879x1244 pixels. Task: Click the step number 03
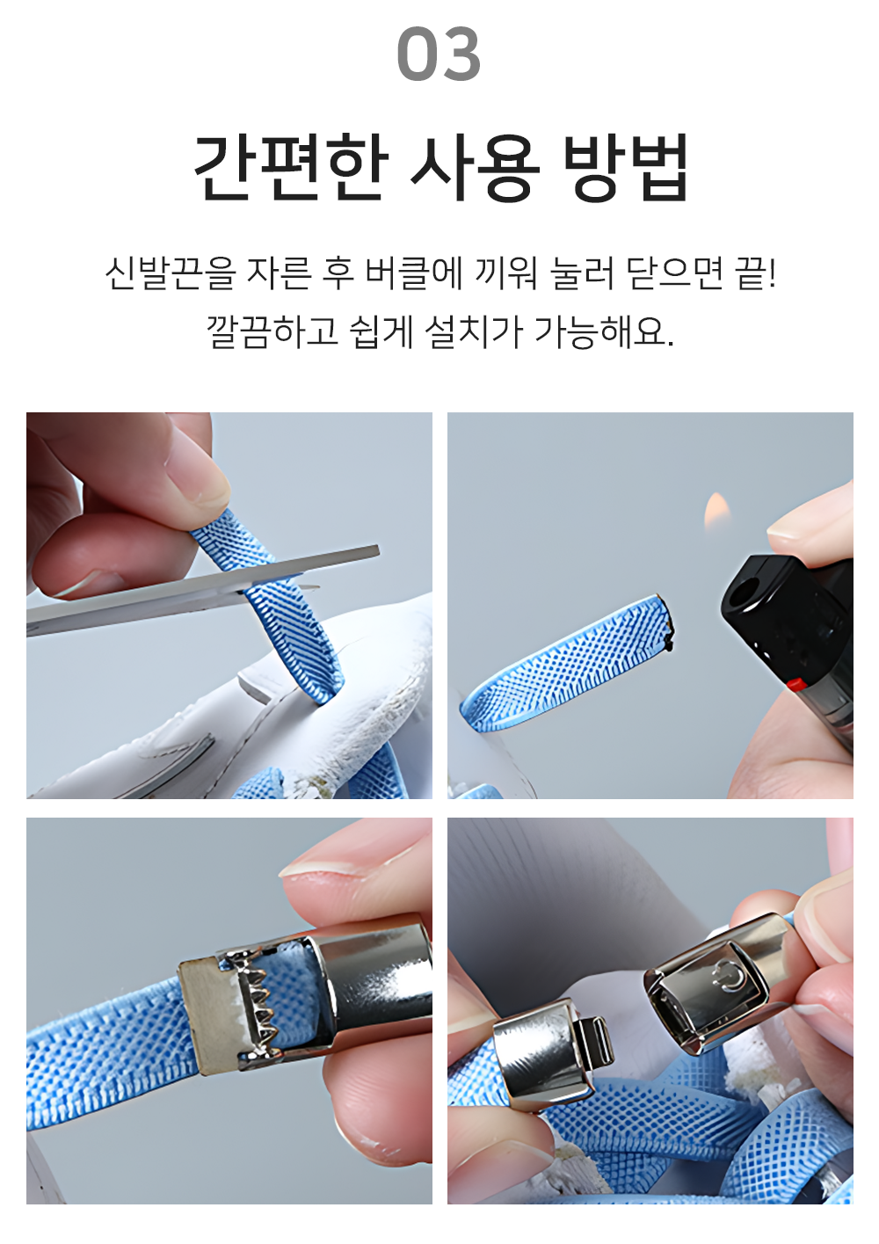[x=439, y=55]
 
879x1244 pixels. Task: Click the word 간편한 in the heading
[x=289, y=167]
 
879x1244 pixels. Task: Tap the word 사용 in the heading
[x=475, y=167]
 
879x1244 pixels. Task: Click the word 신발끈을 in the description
[x=171, y=273]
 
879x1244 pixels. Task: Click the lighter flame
[x=716, y=512]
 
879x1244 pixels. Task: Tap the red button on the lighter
[x=795, y=683]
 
